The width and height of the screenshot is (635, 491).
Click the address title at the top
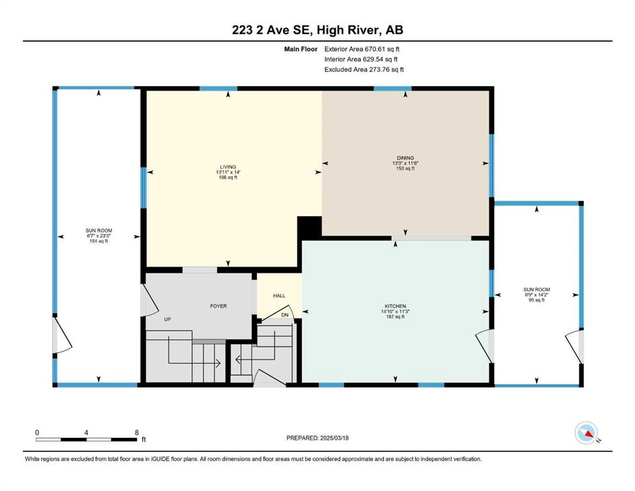coord(317,30)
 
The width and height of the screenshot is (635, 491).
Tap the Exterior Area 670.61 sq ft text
coord(362,49)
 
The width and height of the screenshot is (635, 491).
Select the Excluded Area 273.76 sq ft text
coord(364,69)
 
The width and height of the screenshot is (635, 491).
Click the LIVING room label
coord(228,167)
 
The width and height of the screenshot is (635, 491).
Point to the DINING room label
coord(405,158)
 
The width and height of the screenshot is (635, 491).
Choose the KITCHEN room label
coord(395,306)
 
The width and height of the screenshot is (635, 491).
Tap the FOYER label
coord(218,306)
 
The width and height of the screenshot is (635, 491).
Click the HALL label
coord(279,295)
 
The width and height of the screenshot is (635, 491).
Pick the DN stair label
coord(285,315)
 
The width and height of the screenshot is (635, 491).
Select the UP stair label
coord(168,320)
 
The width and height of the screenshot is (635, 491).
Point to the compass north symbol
coord(586,433)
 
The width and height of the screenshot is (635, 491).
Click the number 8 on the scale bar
coord(137,432)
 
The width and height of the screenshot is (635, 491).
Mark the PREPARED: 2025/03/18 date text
coord(317,438)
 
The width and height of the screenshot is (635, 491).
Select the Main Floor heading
coord(301,49)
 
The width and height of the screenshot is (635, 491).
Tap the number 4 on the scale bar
coord(86,432)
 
